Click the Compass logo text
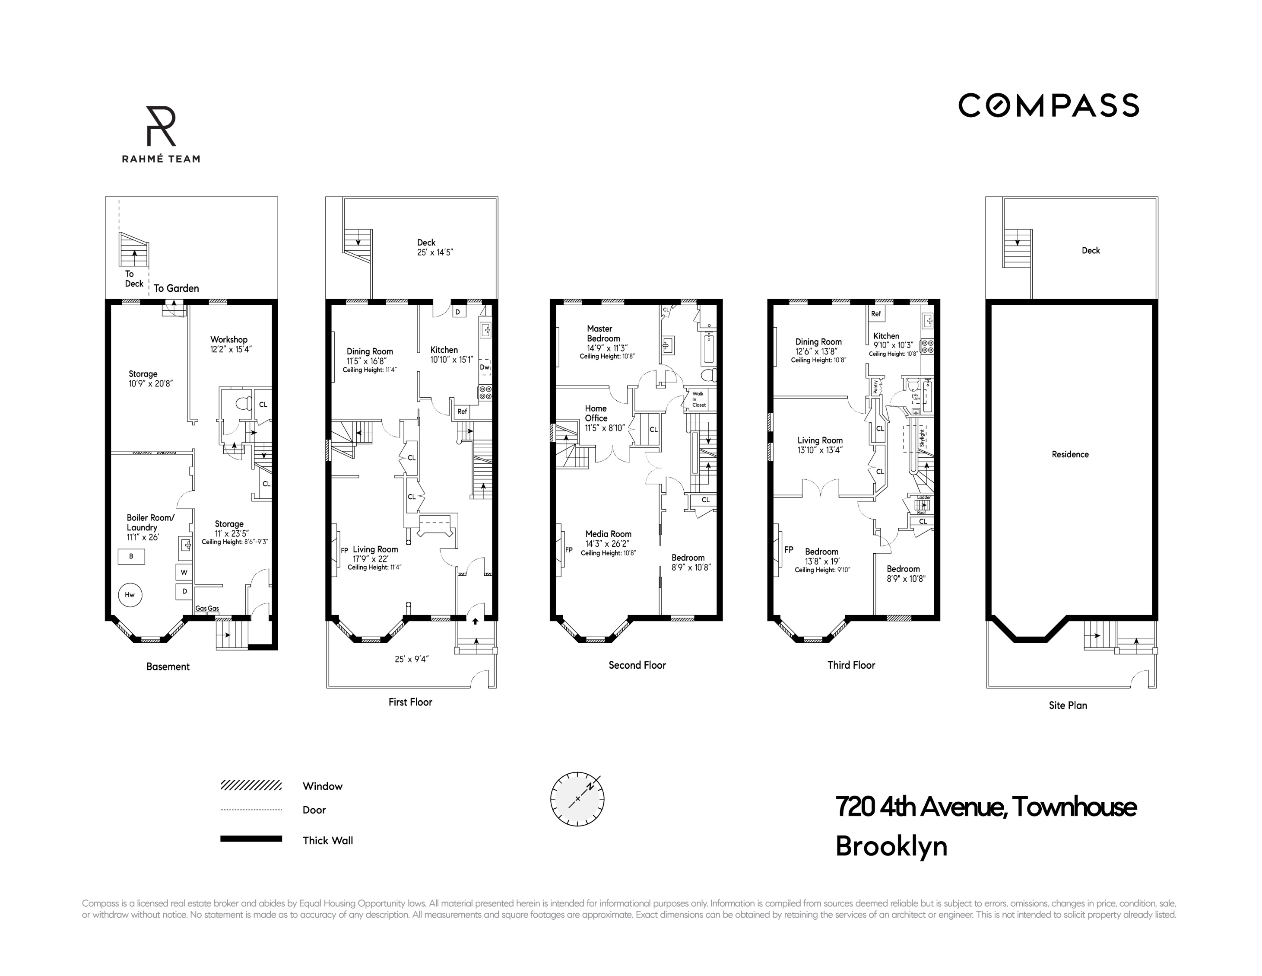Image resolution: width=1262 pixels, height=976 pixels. [x=1048, y=106]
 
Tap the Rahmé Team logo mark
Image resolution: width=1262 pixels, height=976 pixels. [x=161, y=126]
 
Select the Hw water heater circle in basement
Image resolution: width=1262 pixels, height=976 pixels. [x=130, y=594]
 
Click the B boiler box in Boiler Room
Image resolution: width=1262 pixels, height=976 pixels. [x=131, y=556]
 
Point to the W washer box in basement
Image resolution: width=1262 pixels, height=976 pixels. [x=184, y=572]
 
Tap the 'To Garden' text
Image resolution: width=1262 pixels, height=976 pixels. [x=176, y=288]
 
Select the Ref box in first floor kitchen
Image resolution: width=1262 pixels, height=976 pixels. [x=462, y=411]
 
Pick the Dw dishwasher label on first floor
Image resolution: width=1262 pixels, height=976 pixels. [x=484, y=367]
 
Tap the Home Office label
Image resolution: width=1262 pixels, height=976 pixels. [x=596, y=413]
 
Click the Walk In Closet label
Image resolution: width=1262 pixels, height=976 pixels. [x=699, y=399]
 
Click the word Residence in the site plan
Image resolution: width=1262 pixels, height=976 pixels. [x=1069, y=454]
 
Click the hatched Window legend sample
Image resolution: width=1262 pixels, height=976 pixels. [x=251, y=785]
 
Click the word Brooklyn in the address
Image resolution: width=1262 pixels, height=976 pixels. [x=891, y=846]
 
